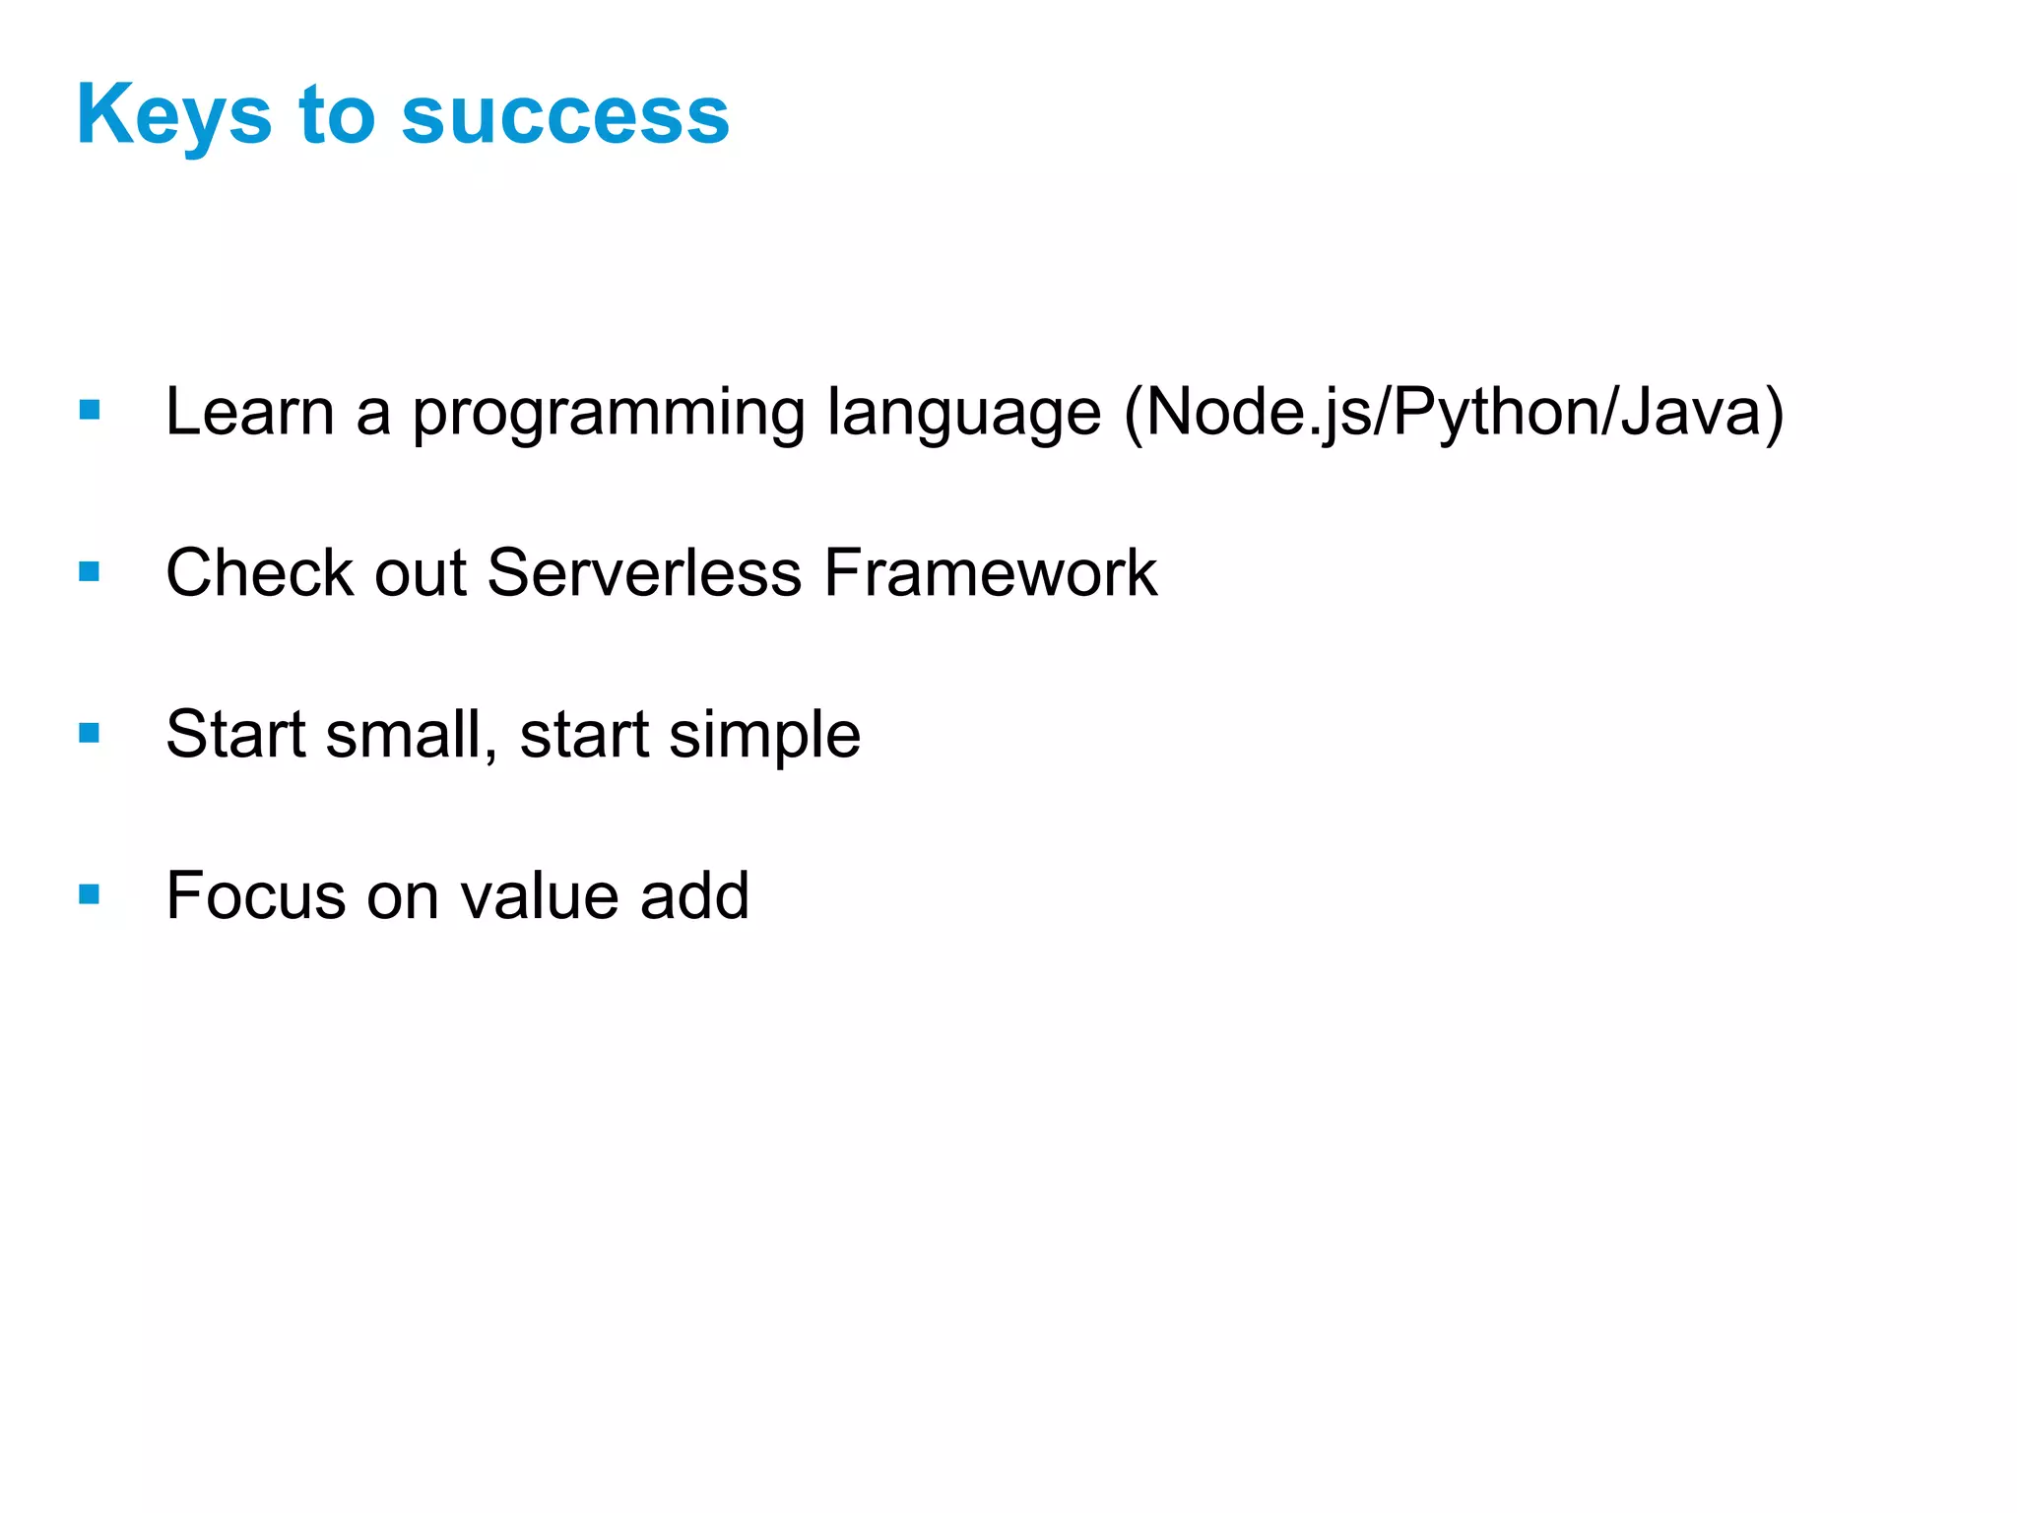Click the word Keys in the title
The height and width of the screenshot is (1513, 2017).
173,116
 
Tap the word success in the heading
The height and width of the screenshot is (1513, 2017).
565,116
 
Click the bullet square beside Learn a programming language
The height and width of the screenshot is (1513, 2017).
90,410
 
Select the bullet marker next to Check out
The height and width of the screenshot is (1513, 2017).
90,571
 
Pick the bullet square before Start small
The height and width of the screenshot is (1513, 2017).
90,733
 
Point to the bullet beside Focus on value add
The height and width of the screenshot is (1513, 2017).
90,894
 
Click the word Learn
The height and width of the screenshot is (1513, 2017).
250,412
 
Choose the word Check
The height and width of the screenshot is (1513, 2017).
259,572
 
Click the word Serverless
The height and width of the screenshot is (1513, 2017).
644,572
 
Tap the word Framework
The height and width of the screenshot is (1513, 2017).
990,572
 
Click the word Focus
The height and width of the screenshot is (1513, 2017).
255,895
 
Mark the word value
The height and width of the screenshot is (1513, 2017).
539,895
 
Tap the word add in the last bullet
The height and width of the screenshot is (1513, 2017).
694,895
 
